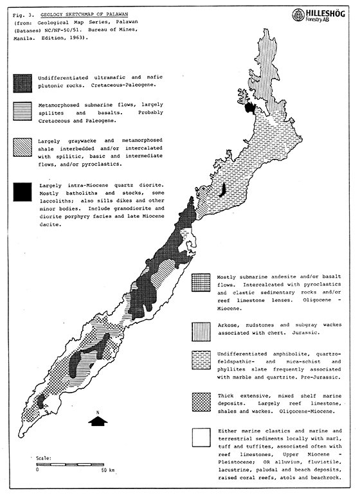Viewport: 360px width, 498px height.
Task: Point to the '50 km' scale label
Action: (x=108, y=471)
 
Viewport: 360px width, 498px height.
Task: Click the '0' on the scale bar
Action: (x=37, y=471)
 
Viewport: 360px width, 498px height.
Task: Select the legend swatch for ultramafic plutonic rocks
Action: (x=24, y=82)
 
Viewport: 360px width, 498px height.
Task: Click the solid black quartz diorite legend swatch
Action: (x=24, y=190)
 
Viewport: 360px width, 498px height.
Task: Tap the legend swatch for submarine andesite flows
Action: (x=202, y=281)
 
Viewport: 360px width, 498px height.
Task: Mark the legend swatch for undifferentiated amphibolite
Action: (x=202, y=358)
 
